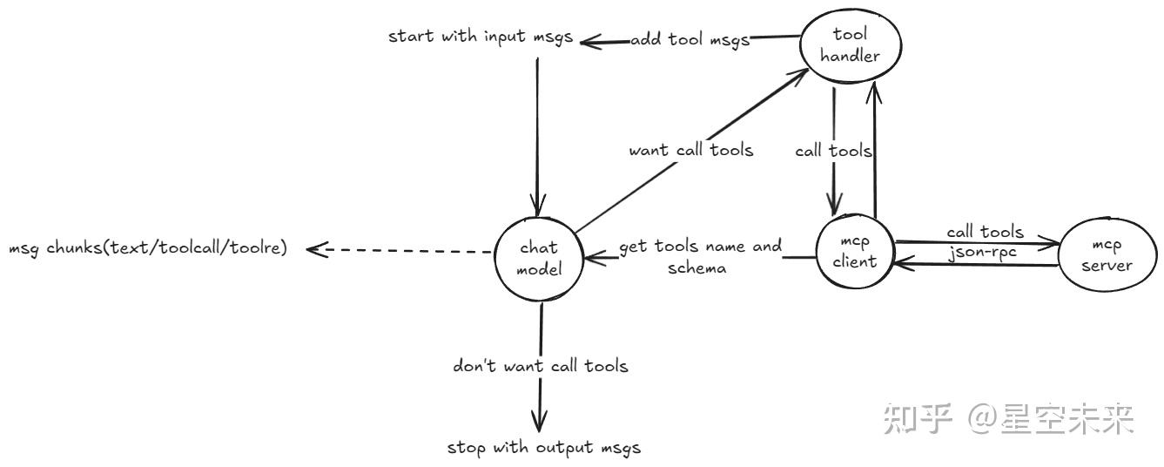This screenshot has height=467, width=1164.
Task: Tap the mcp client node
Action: [855, 253]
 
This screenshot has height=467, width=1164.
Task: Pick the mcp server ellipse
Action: [1106, 255]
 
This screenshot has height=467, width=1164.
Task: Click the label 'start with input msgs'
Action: [480, 37]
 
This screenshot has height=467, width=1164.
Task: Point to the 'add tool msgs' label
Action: [690, 40]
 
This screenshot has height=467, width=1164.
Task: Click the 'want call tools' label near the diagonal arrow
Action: [691, 151]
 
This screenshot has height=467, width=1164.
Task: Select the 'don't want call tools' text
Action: [540, 366]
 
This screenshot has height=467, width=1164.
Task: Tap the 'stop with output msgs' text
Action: [543, 449]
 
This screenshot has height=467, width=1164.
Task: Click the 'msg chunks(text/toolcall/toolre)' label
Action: [147, 249]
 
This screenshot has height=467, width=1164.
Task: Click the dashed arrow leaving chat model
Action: [400, 252]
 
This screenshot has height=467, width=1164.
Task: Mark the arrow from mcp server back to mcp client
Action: [975, 264]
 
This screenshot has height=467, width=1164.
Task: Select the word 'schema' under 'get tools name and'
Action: [697, 268]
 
